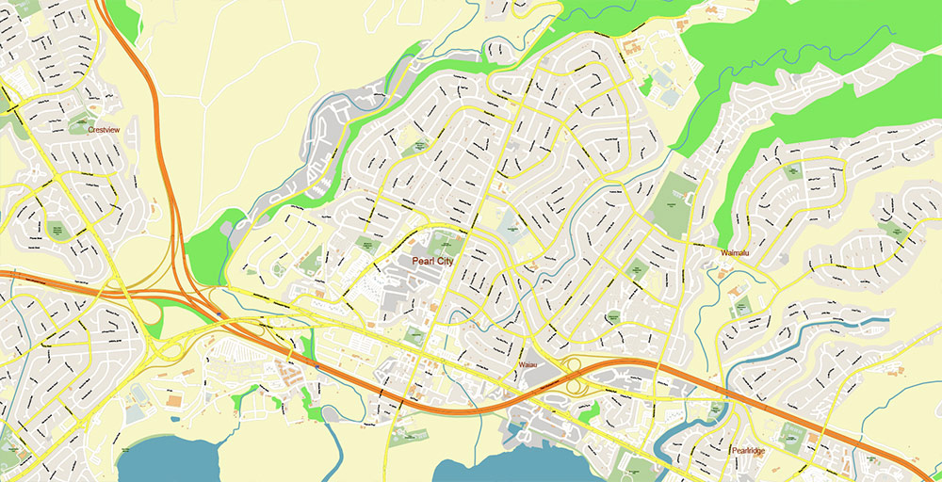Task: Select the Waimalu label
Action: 739,253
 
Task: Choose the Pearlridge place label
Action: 750,451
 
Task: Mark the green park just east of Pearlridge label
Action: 789,436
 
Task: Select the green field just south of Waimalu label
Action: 741,306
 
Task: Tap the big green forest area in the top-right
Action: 829,56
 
